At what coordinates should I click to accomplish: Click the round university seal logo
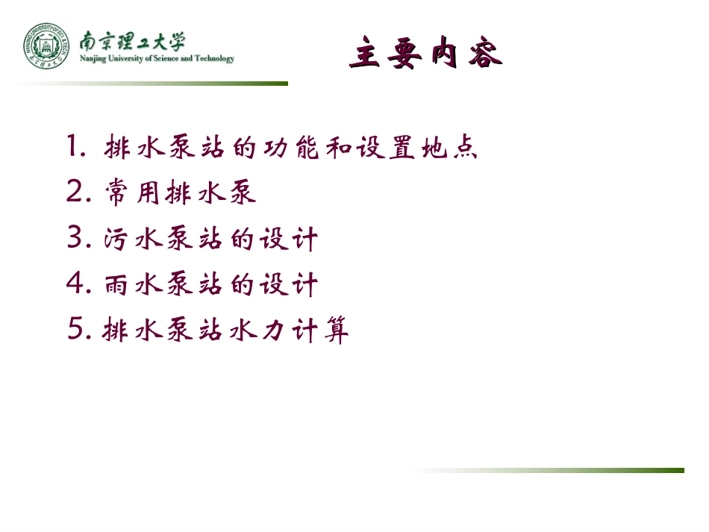click(45, 46)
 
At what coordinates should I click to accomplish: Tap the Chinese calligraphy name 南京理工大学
click(133, 40)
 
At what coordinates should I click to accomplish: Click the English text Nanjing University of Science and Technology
click(157, 59)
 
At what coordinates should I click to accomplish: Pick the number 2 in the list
click(77, 193)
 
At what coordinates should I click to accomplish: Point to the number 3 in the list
click(77, 239)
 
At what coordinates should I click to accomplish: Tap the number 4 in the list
click(78, 284)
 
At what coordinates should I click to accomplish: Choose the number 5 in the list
click(77, 330)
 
